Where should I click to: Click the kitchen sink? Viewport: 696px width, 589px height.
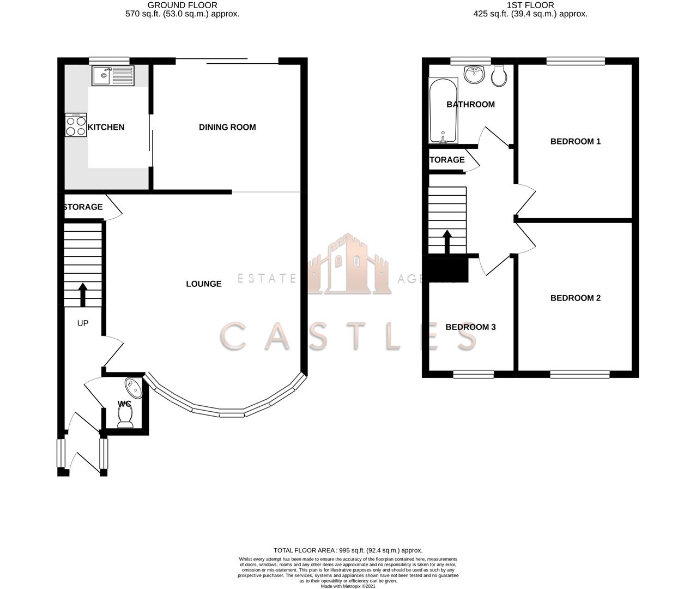click(x=113, y=76)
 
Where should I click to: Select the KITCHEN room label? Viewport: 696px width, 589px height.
click(x=106, y=127)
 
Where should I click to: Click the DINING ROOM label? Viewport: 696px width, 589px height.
click(x=227, y=127)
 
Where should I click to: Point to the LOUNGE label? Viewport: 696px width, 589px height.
click(x=204, y=284)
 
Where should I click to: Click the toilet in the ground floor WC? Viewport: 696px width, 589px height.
click(x=125, y=418)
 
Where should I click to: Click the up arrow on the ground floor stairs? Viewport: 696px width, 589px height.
click(x=83, y=294)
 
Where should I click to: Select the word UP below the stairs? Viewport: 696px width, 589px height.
click(x=83, y=323)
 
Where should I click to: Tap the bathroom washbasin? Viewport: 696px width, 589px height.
click(x=475, y=74)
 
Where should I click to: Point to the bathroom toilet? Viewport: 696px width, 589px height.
click(x=499, y=77)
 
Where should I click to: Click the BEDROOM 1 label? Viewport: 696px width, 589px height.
click(x=575, y=141)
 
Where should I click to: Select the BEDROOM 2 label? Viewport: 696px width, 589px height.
click(x=575, y=298)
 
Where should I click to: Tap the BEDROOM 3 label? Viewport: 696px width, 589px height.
click(x=470, y=327)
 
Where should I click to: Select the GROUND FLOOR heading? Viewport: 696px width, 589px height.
click(x=182, y=5)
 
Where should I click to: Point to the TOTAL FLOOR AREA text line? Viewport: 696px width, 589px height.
click(x=348, y=550)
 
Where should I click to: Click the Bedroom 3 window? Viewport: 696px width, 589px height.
click(x=474, y=374)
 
